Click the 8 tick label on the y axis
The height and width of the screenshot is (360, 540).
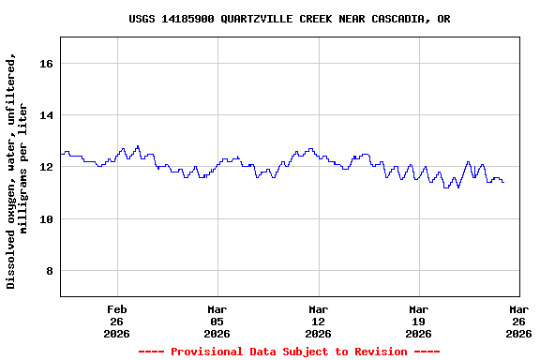coord(51,272)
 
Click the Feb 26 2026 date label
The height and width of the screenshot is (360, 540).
coord(117,321)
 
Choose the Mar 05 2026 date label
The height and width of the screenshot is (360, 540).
coord(217,321)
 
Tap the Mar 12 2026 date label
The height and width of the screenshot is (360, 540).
coord(318,321)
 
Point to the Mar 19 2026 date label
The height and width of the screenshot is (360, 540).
coord(418,321)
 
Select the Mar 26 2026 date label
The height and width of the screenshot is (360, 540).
coord(518,321)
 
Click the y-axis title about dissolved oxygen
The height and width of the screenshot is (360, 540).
coord(17,171)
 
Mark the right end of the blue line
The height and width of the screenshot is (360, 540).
coord(503,182)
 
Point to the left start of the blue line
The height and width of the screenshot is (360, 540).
coord(61,154)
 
